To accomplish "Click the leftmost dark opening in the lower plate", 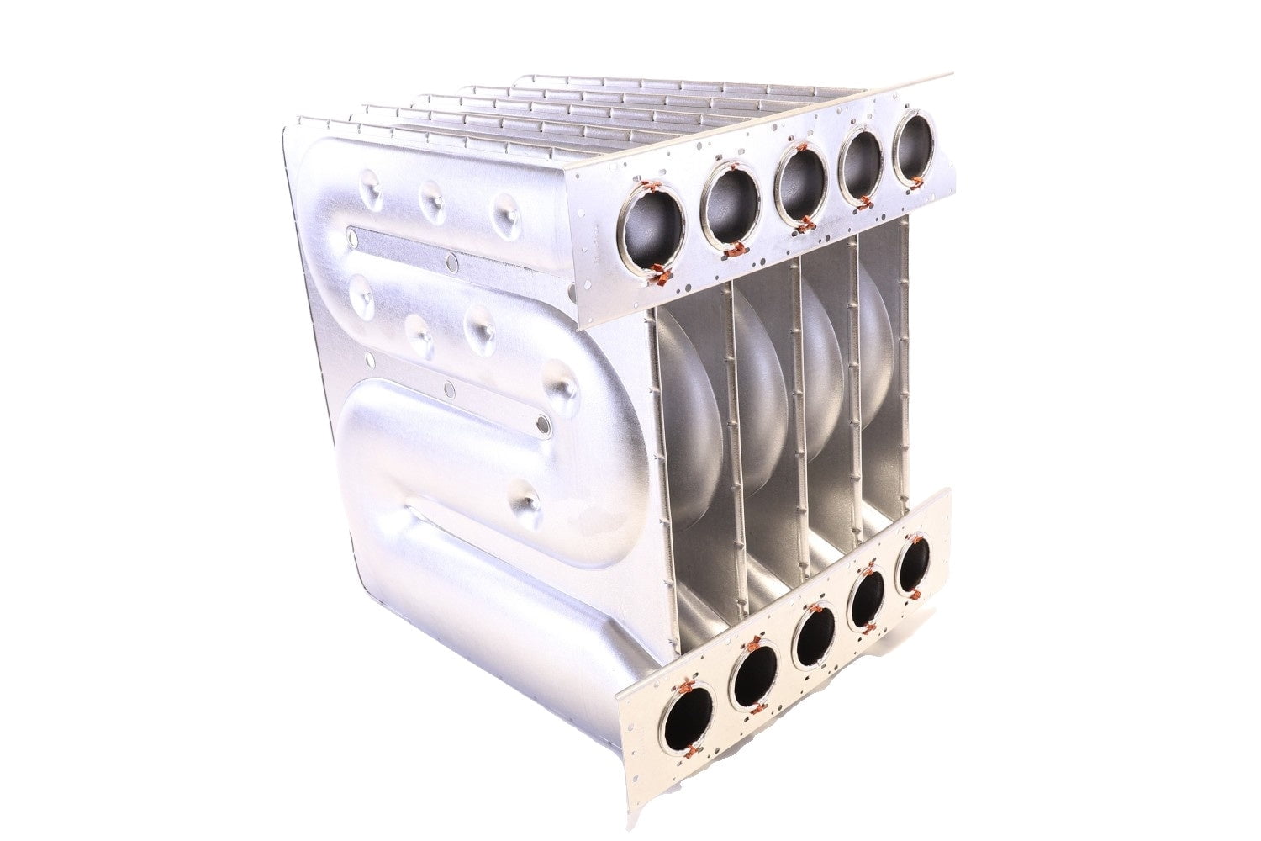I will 687,721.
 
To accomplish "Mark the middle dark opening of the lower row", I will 814,637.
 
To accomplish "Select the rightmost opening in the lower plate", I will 912,566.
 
